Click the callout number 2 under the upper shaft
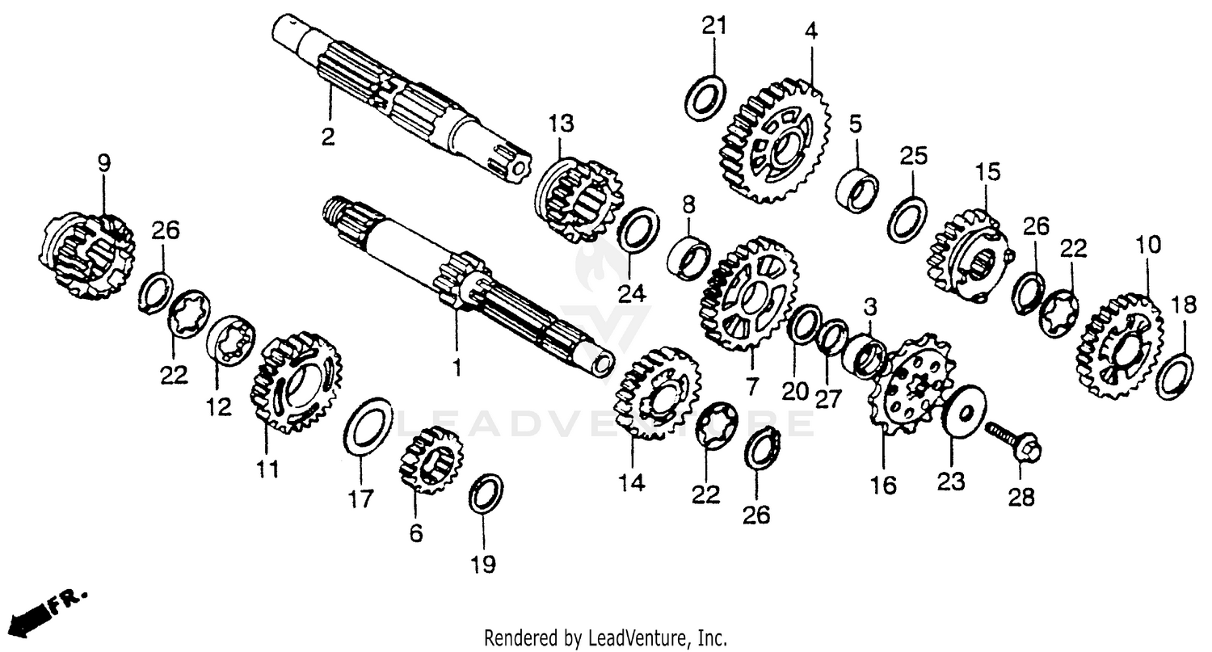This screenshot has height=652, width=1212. pos(327,137)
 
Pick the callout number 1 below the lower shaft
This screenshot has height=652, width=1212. pos(457,368)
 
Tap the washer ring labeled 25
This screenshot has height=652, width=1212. pos(907,217)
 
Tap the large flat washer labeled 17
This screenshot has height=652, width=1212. pos(368,427)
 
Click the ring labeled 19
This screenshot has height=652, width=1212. pos(486,493)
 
